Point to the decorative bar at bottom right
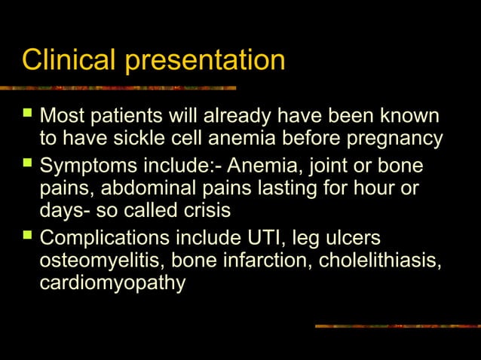click(397, 326)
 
